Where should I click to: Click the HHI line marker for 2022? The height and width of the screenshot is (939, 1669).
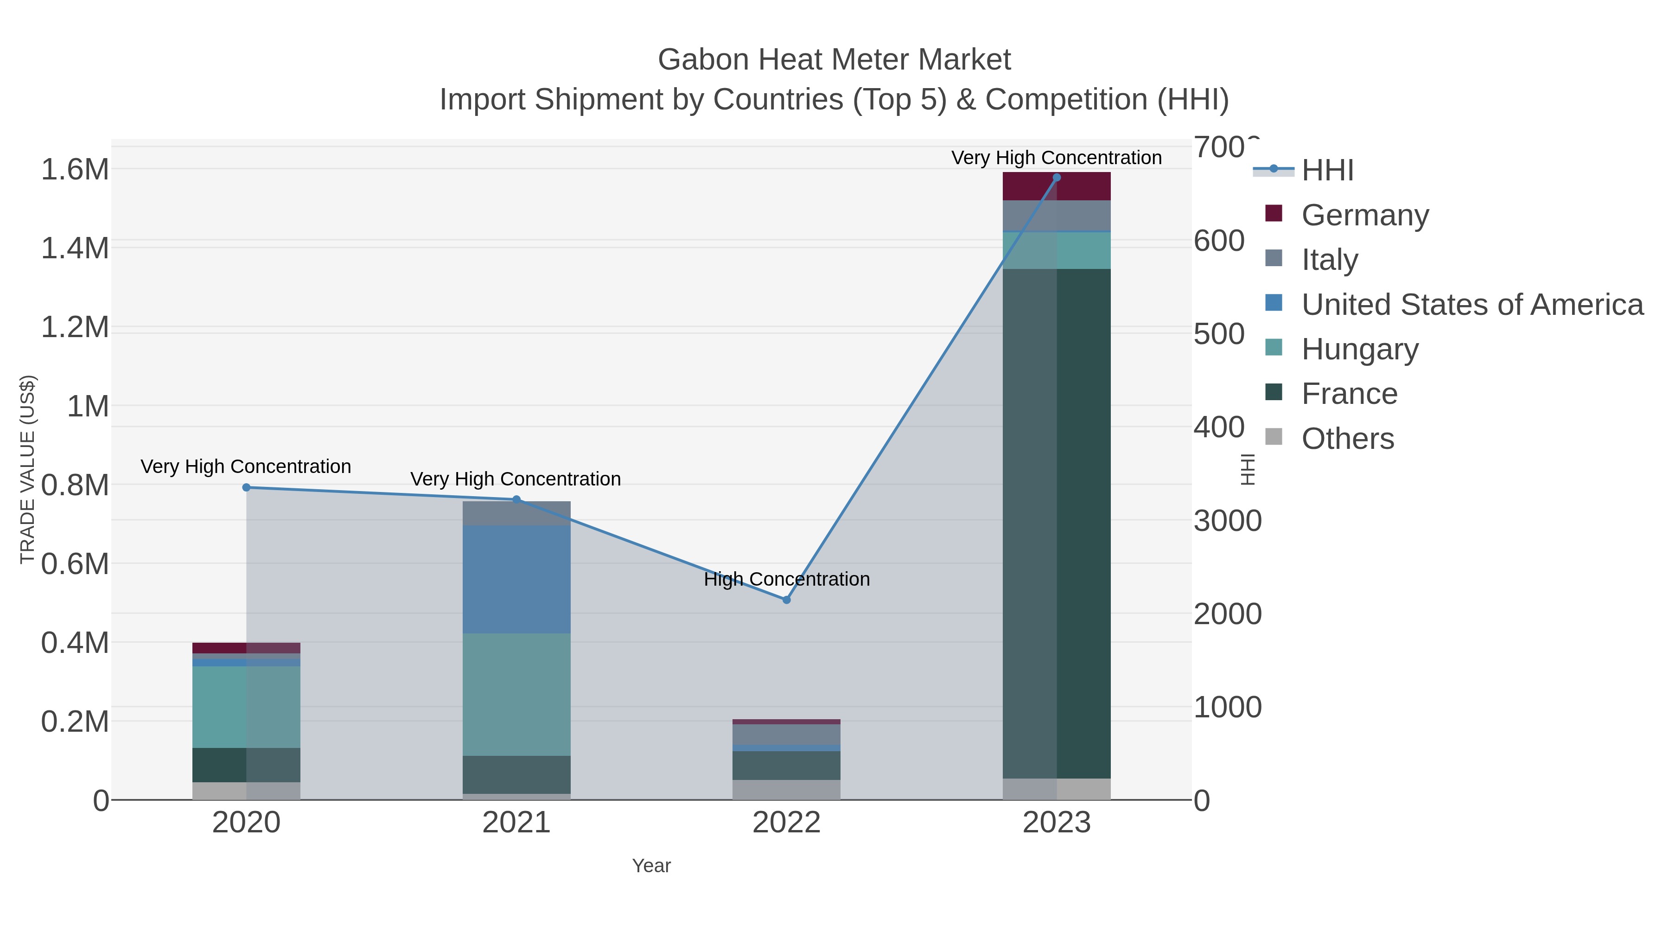point(787,600)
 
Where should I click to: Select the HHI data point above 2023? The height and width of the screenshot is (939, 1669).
point(1057,178)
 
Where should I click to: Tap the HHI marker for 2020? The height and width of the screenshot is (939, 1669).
point(246,487)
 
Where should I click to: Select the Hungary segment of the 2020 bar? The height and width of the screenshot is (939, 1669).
point(246,707)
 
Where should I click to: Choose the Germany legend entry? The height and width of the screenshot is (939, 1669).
point(1364,215)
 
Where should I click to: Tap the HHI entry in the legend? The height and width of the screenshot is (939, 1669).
point(1327,171)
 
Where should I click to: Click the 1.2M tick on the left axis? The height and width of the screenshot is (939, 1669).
point(75,327)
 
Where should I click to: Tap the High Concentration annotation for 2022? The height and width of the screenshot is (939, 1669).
point(787,579)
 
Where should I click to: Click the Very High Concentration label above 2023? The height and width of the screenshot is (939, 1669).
point(1056,158)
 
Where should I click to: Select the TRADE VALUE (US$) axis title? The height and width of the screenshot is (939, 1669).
point(27,469)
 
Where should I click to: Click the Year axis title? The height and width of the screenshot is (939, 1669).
point(651,866)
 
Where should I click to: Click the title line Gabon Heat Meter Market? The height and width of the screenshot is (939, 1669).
point(834,60)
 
